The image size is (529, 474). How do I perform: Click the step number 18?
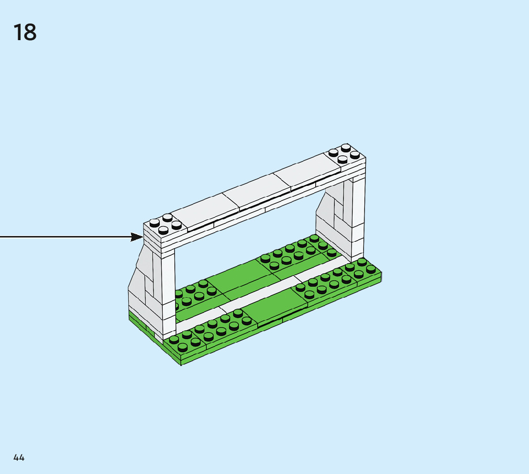[25, 32]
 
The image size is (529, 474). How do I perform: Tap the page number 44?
[19, 457]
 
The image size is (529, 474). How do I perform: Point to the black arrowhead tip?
[142, 237]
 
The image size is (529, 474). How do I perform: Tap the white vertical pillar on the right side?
[358, 215]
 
